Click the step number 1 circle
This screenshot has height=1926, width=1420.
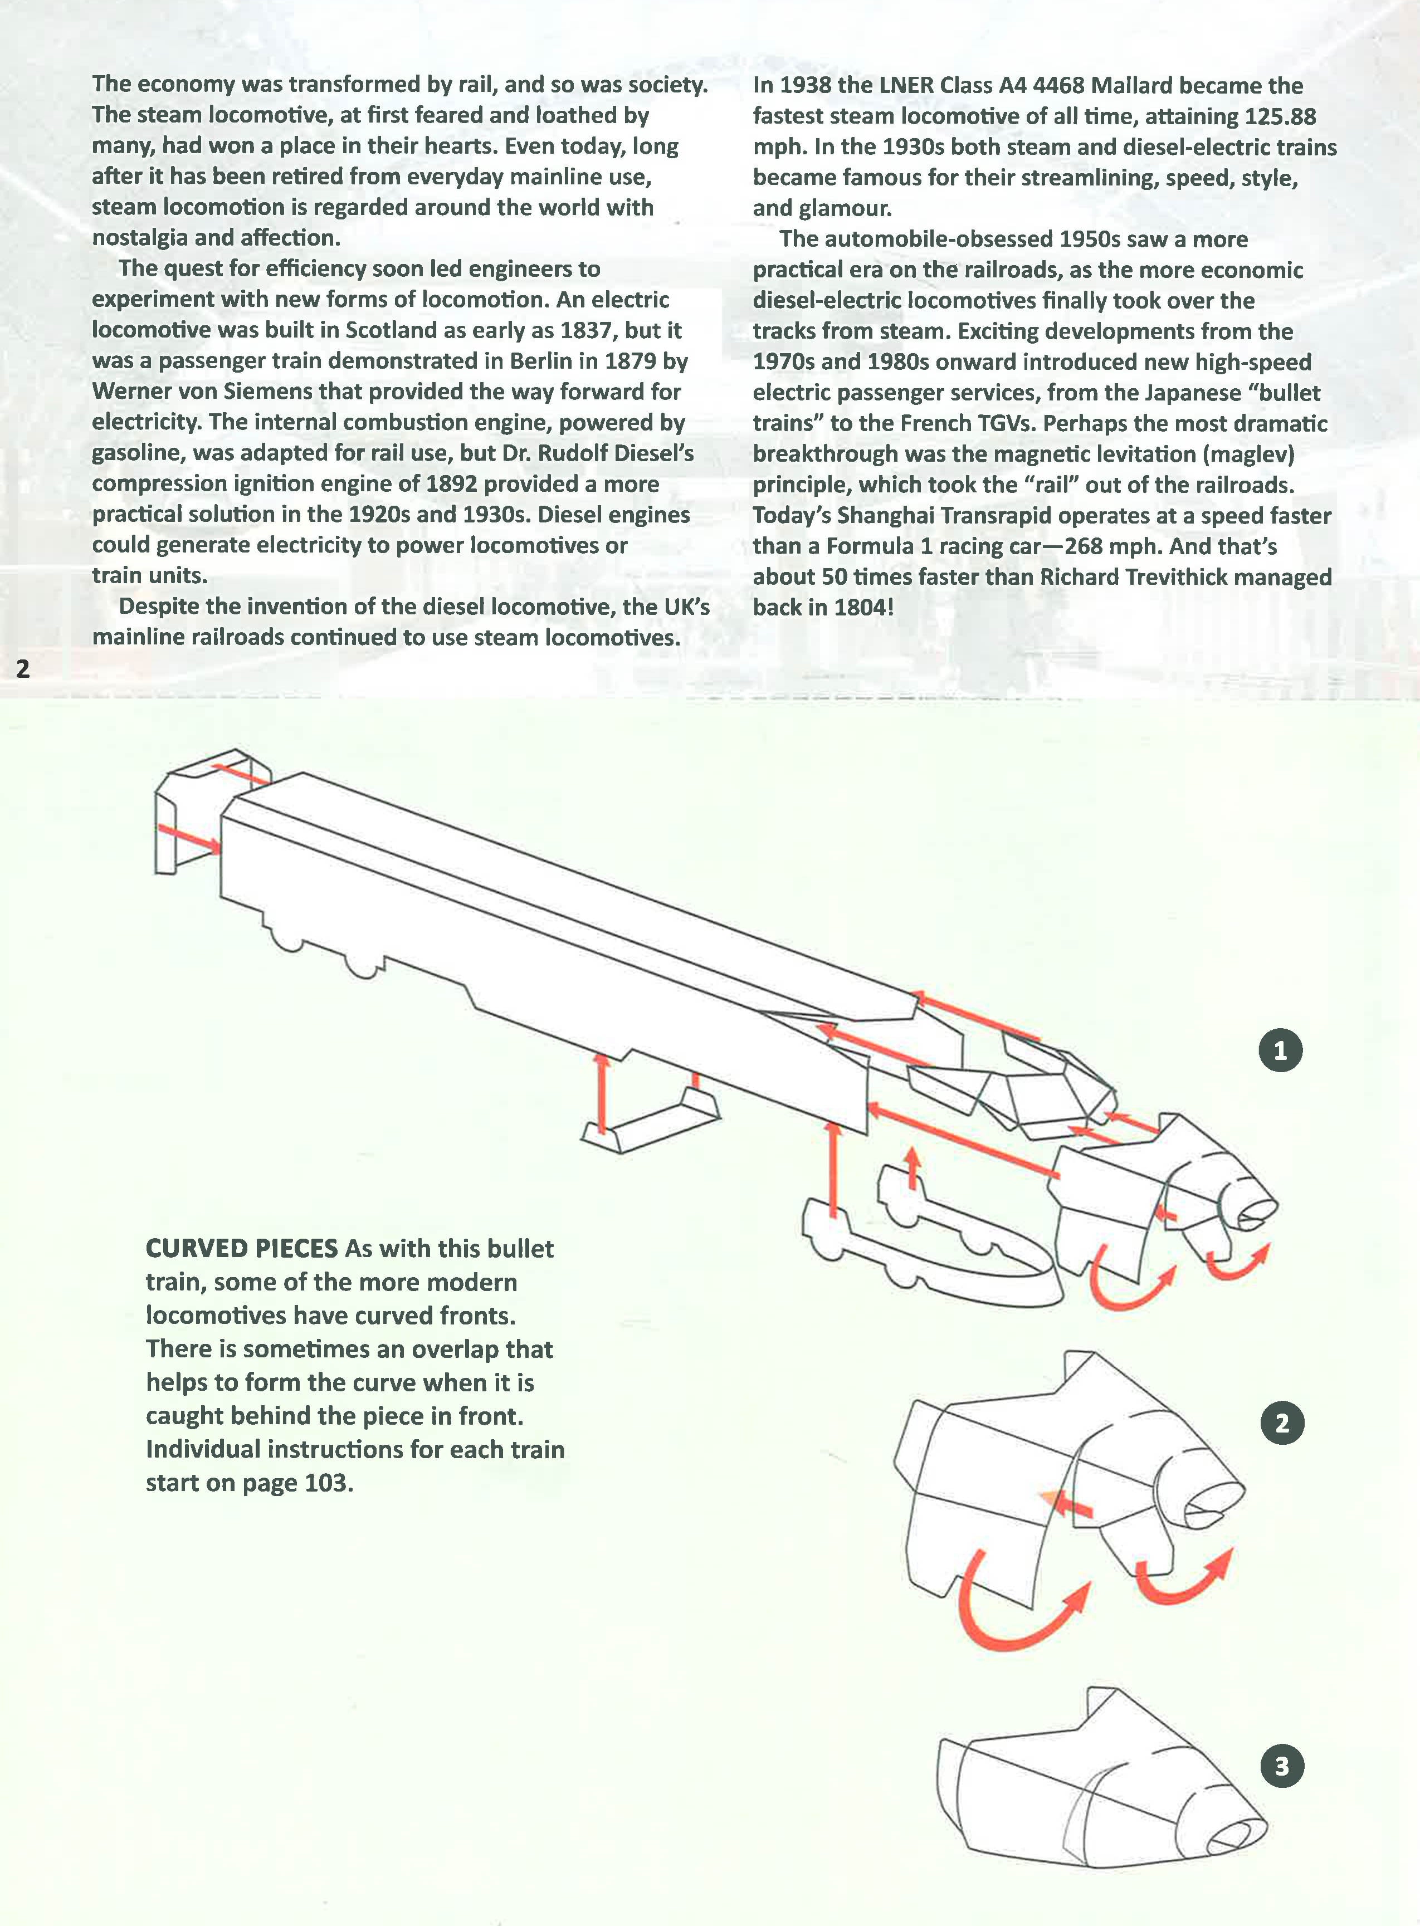(1280, 1050)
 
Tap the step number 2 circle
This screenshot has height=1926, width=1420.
(1282, 1423)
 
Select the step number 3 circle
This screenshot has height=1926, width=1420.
(1282, 1766)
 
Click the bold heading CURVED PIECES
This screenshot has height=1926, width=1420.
(242, 1248)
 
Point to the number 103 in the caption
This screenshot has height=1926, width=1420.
(326, 1483)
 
